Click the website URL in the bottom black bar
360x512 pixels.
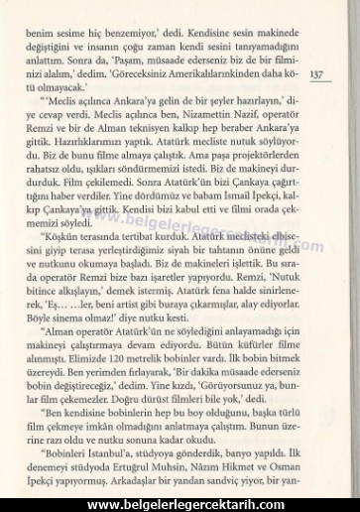179,503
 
